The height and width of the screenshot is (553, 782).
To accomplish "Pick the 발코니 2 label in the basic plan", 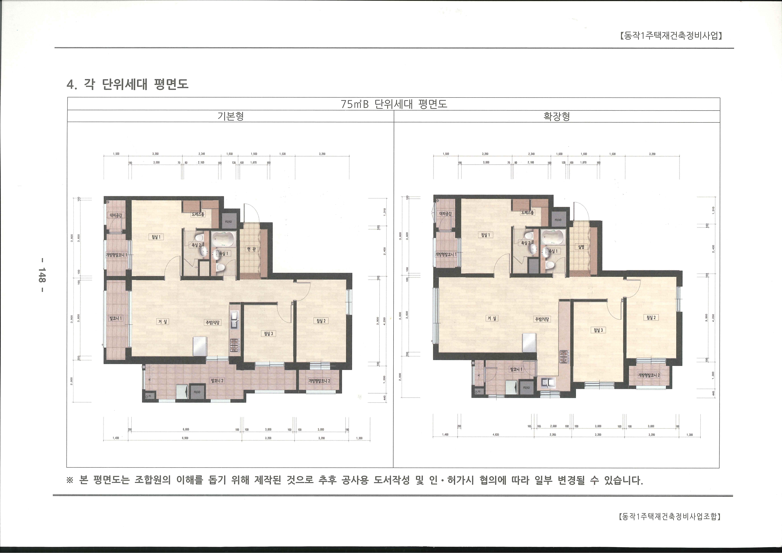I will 217,381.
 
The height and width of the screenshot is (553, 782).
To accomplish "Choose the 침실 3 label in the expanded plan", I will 598,330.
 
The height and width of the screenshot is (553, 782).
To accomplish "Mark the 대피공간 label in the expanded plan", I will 446,214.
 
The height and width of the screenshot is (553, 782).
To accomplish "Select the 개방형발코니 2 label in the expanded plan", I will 649,375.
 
